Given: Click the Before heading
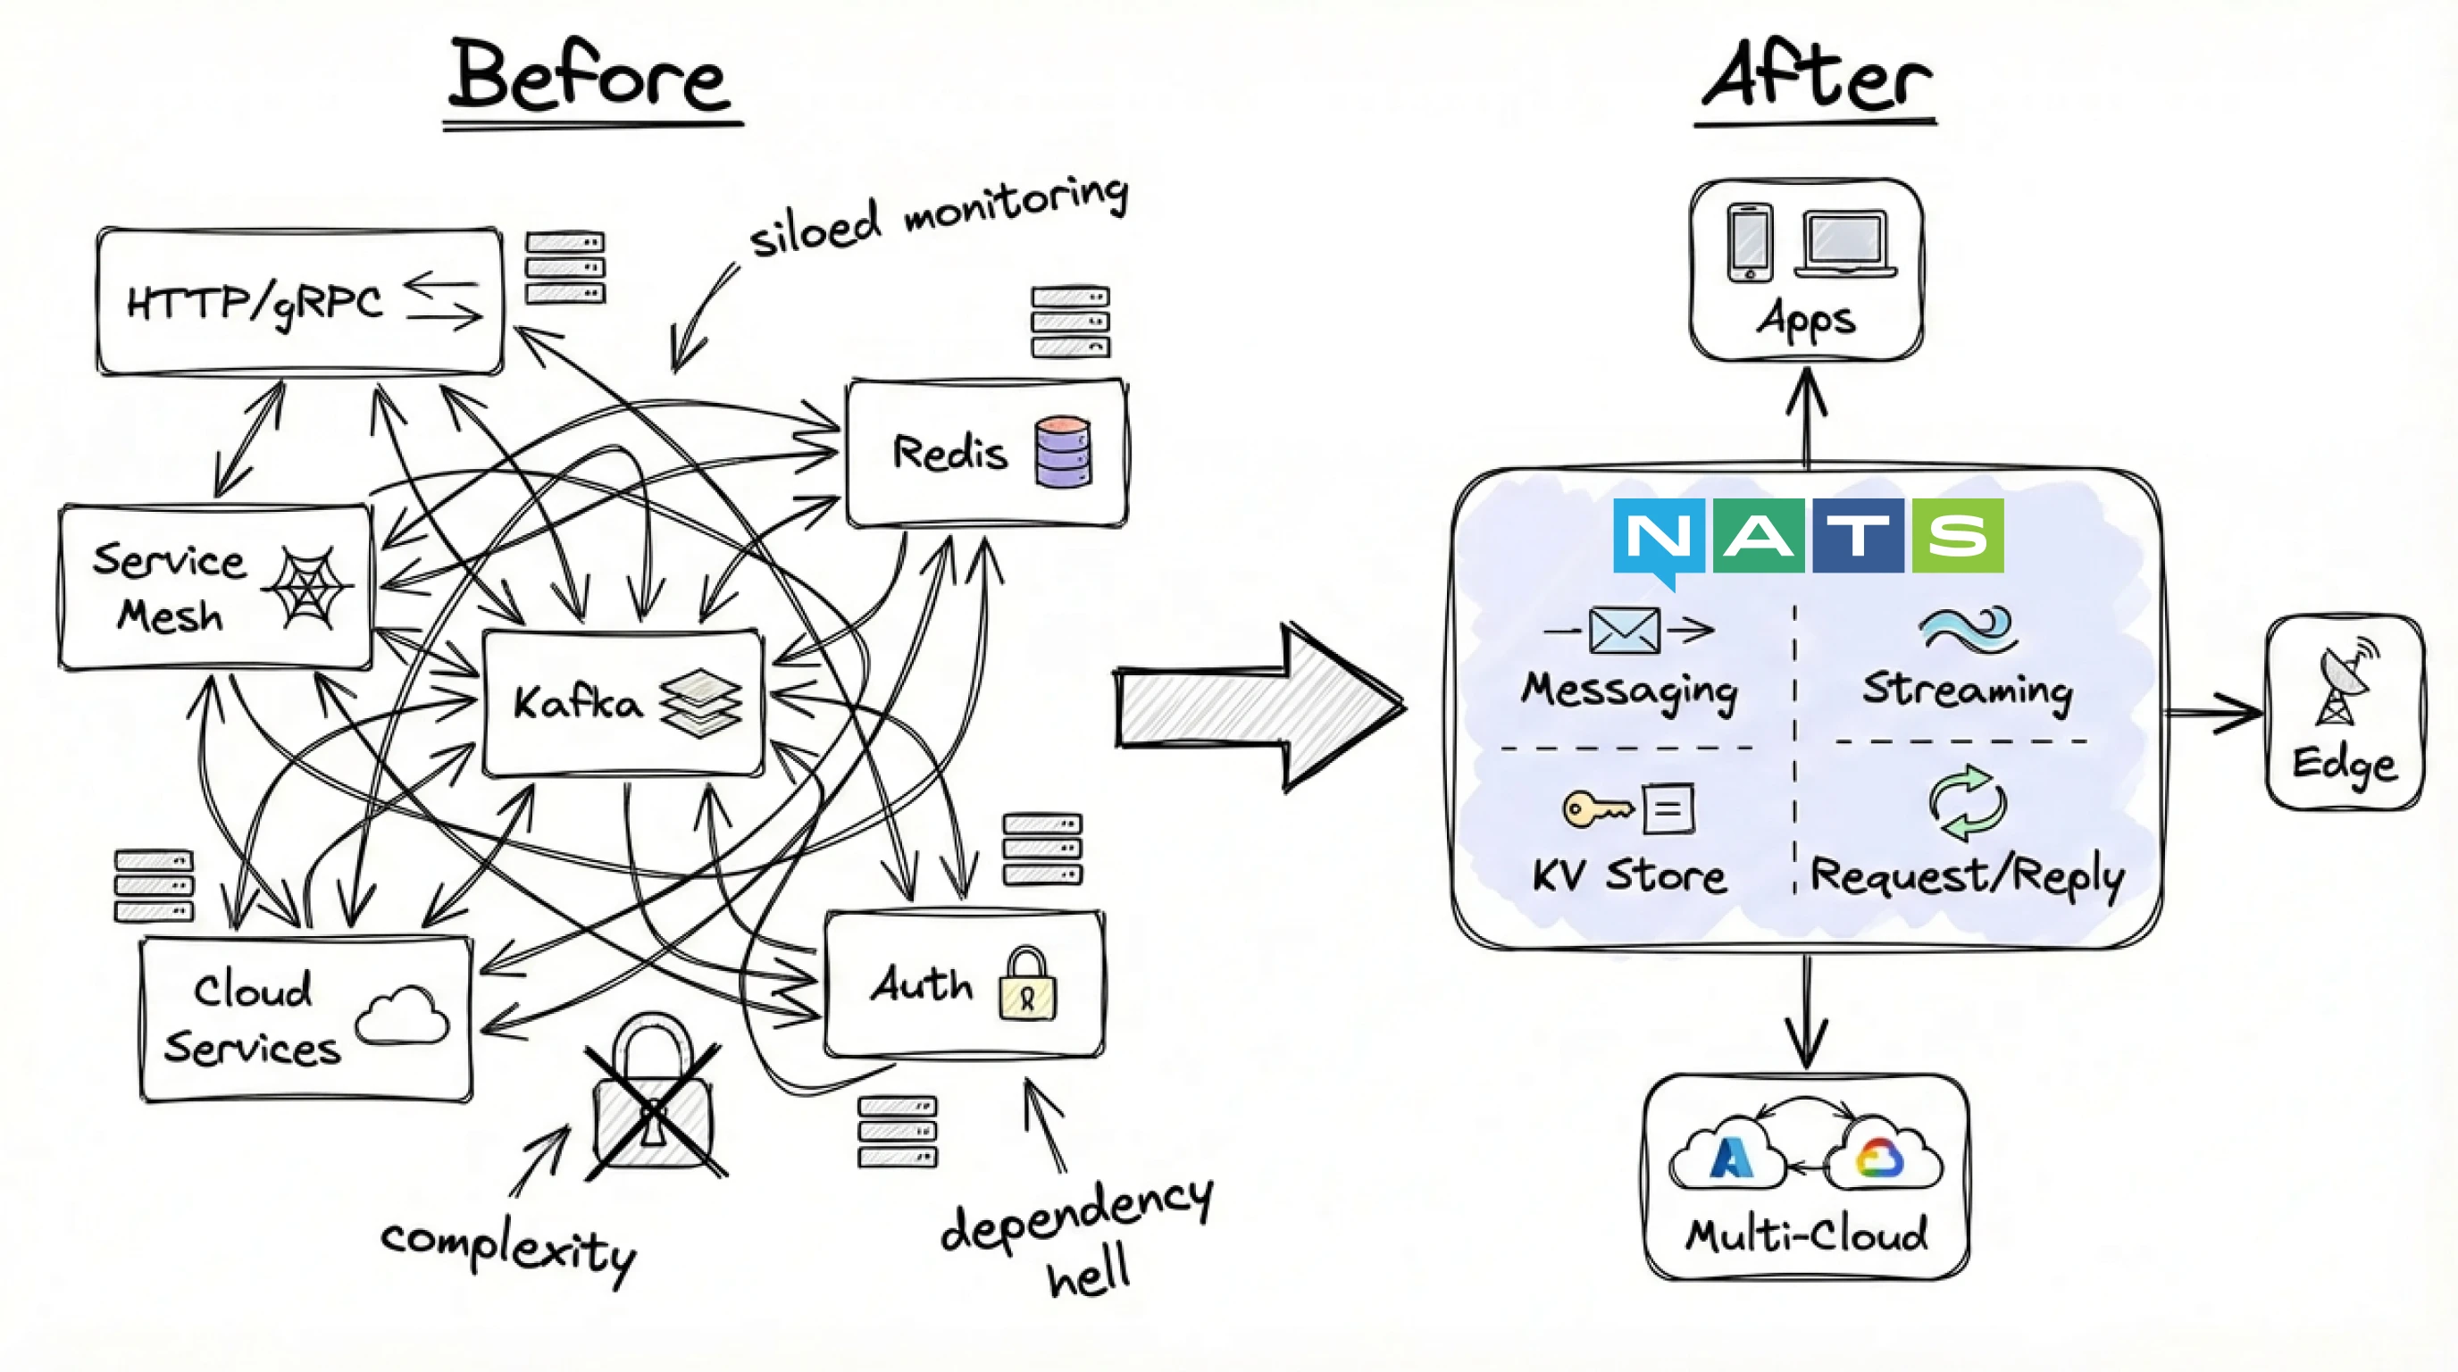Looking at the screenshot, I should pyautogui.click(x=589, y=76).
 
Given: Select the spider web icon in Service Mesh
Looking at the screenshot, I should pyautogui.click(x=305, y=587).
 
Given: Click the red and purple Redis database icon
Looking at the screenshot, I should pyautogui.click(x=1062, y=452).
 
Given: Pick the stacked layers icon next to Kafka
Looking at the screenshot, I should pyautogui.click(x=700, y=703).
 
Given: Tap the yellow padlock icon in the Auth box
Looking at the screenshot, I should pyautogui.click(x=1027, y=985).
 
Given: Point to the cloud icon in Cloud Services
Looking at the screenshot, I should pyautogui.click(x=403, y=1016).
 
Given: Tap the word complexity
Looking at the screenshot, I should pyautogui.click(x=508, y=1248).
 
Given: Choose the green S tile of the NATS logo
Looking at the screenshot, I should pyautogui.click(x=1957, y=535).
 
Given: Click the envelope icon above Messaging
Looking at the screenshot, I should pyautogui.click(x=1624, y=631).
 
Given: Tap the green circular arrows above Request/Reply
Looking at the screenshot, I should pyautogui.click(x=1967, y=803).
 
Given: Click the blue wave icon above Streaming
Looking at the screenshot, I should pyautogui.click(x=1968, y=630).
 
